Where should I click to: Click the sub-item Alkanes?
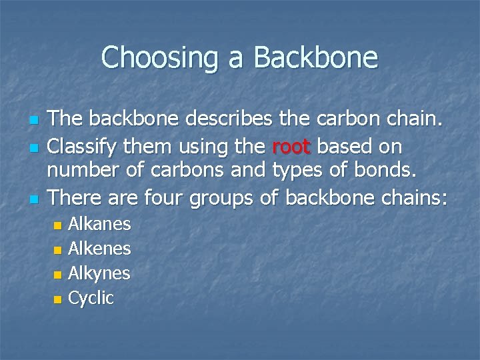click(99, 224)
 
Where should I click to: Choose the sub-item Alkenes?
click(99, 249)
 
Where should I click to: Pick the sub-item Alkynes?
click(99, 273)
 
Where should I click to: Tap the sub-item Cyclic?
click(91, 298)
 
